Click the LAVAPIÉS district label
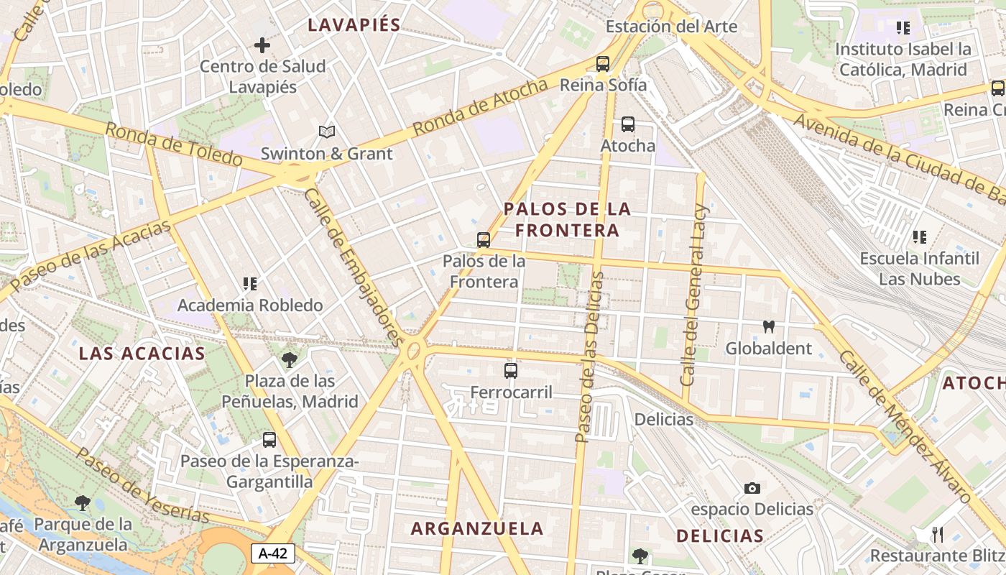tap(354, 24)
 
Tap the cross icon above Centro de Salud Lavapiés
tap(262, 45)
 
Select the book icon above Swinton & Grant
tap(327, 132)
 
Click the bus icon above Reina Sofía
tap(603, 63)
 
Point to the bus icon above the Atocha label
tap(628, 124)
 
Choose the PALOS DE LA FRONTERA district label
tap(567, 219)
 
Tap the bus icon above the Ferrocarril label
tap(511, 371)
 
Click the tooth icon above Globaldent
tap(768, 327)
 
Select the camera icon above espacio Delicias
tap(752, 489)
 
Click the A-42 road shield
tap(273, 553)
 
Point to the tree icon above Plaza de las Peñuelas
tap(290, 359)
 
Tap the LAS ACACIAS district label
tap(142, 353)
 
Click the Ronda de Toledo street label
tap(173, 144)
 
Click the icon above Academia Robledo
tap(250, 284)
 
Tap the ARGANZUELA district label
tap(477, 528)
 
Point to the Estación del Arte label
tap(671, 27)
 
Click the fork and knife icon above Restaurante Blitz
tap(937, 534)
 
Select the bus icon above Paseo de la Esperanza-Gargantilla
tap(269, 440)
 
